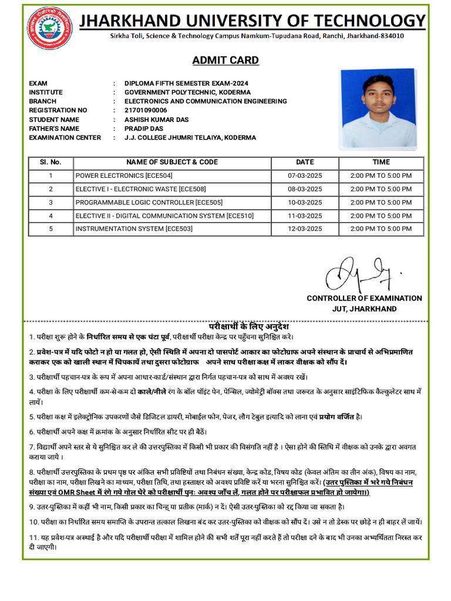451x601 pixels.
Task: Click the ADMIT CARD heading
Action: click(225, 60)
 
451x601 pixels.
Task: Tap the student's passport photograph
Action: click(378, 109)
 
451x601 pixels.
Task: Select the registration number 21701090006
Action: click(146, 110)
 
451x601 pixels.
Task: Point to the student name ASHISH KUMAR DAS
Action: click(156, 120)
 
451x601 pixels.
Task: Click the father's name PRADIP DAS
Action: click(144, 129)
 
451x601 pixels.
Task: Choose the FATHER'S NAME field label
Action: click(54, 129)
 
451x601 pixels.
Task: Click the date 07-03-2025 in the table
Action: click(305, 175)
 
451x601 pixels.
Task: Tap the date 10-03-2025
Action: click(305, 202)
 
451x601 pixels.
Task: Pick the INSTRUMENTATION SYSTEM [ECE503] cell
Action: click(134, 229)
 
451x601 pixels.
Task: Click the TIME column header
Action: click(381, 162)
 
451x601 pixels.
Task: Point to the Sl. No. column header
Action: click(51, 162)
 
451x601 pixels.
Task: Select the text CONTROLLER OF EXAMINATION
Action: click(364, 298)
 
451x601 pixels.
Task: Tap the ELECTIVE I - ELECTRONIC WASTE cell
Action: click(140, 189)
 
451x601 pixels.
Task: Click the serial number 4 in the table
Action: click(51, 215)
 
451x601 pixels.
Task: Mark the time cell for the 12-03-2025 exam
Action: click(381, 229)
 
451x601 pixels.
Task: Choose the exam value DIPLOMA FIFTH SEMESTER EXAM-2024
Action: click(186, 83)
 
